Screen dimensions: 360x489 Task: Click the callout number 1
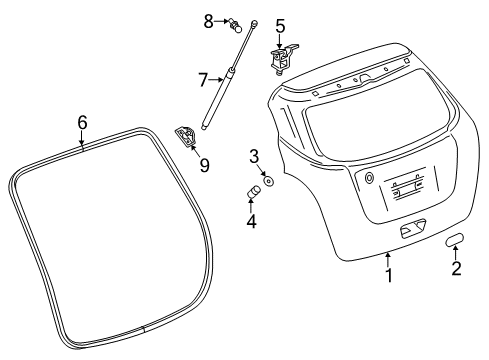coord(390,274)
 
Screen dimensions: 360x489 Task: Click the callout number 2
coord(456,268)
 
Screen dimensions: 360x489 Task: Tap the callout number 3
coord(254,155)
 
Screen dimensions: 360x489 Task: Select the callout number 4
coord(252,222)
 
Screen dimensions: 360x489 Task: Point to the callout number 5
coord(280,26)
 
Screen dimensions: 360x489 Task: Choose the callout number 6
coord(83,122)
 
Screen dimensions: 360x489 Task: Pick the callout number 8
coord(209,20)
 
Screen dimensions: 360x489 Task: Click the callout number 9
coord(204,163)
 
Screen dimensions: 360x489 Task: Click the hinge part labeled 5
coord(281,59)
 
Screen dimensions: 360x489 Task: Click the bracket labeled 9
coord(187,137)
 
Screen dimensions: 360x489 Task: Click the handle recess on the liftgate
coord(412,232)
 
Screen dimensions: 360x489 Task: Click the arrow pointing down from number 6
coord(83,139)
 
